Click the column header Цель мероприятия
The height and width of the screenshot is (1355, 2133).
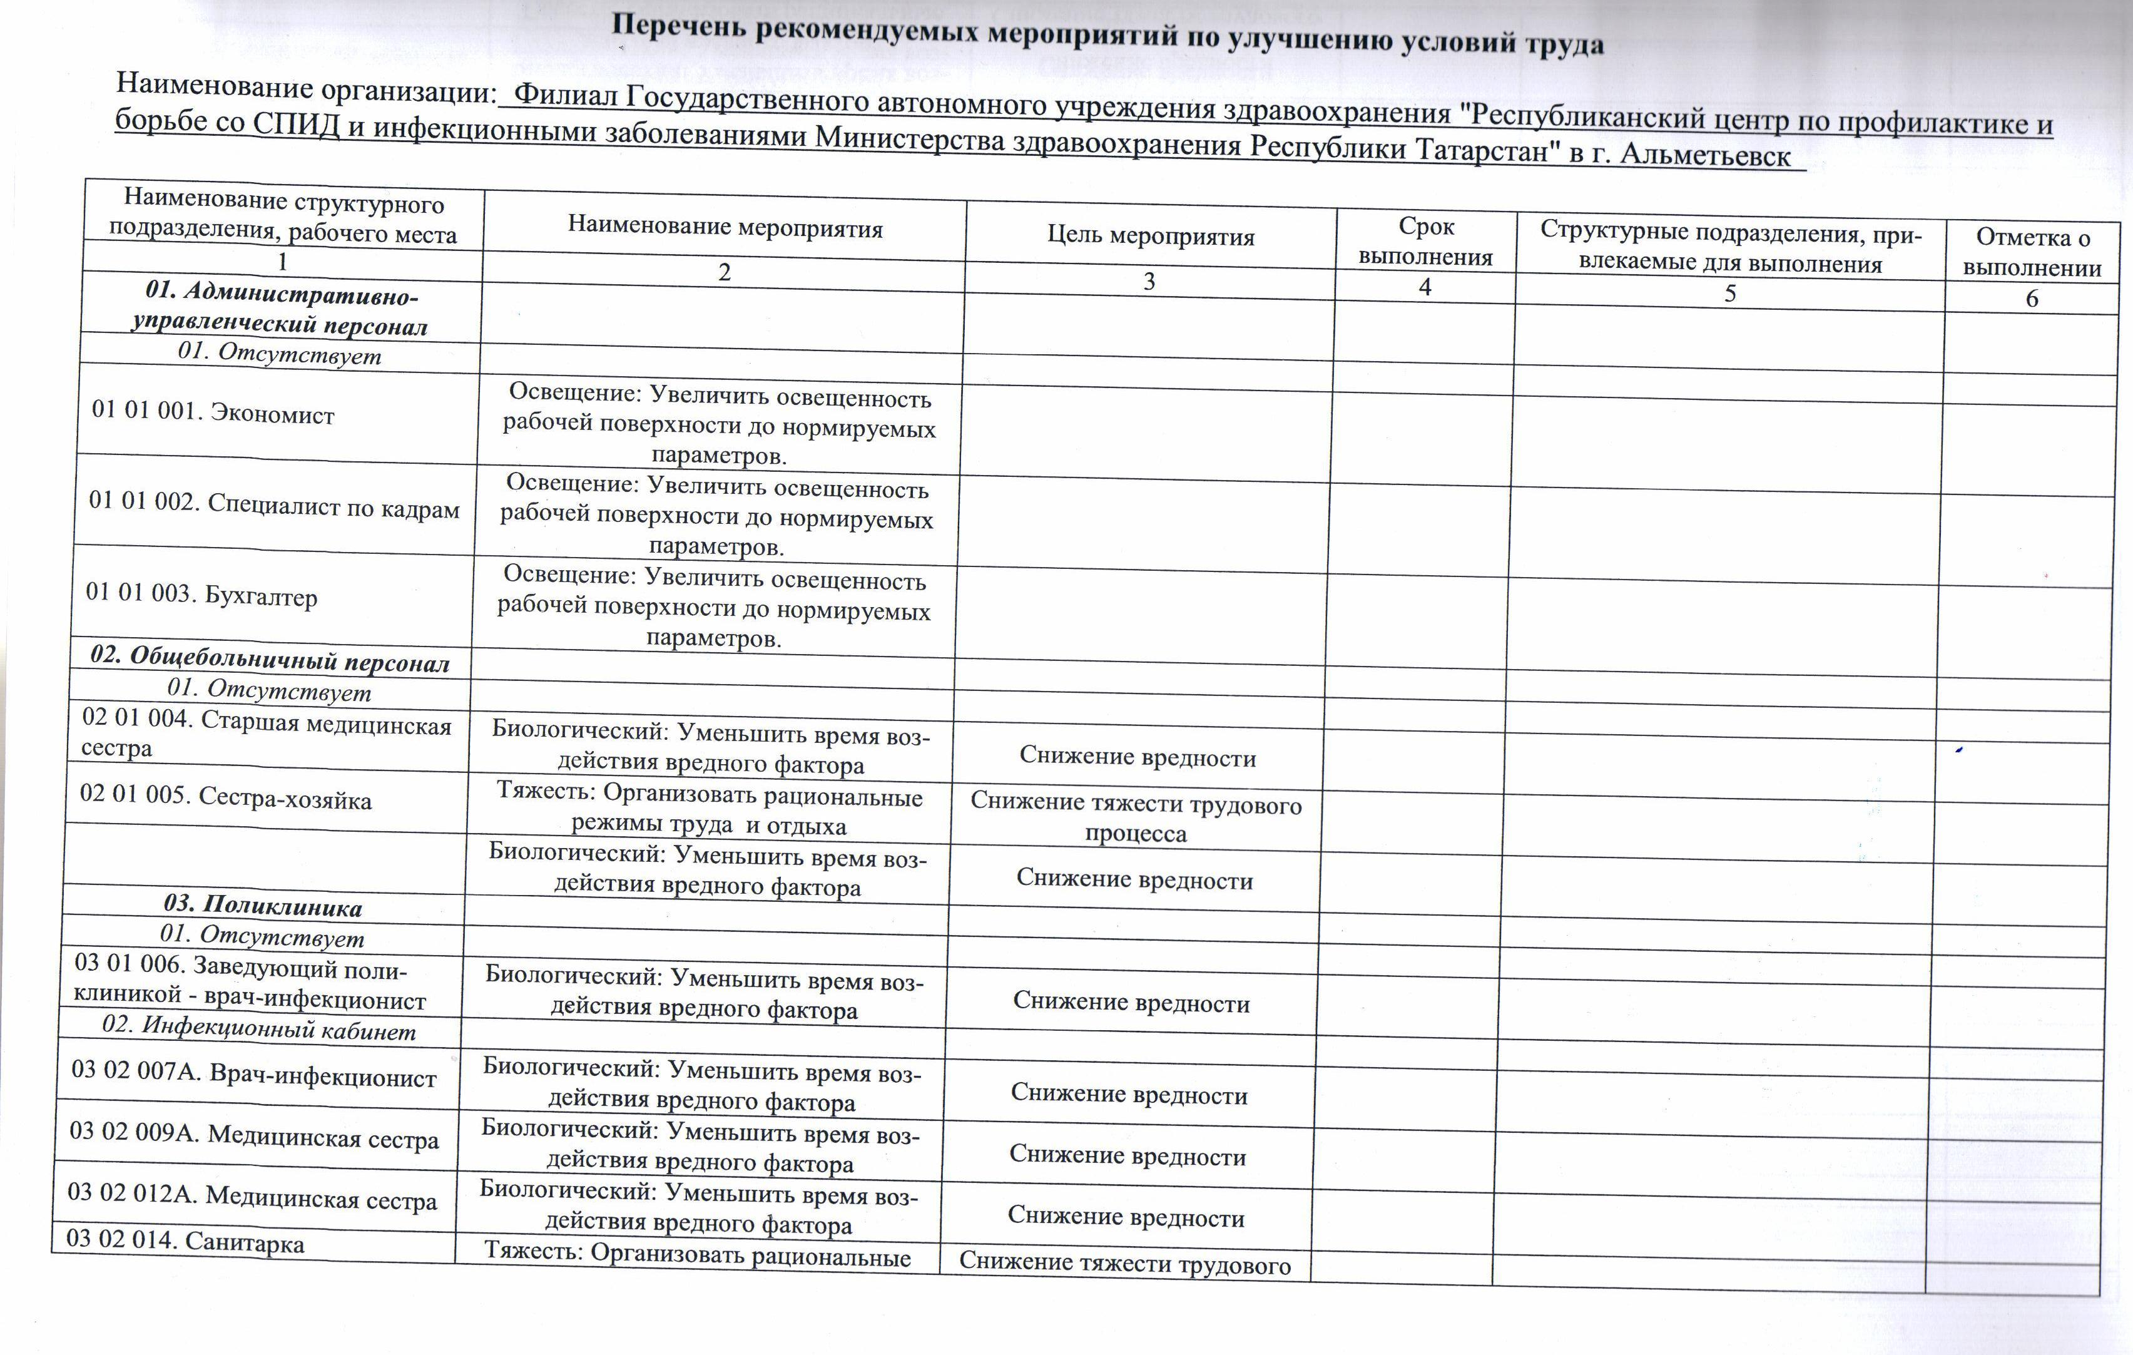pos(1151,237)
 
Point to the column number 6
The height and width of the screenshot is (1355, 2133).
pos(2031,299)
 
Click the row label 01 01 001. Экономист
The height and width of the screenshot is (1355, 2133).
pos(213,413)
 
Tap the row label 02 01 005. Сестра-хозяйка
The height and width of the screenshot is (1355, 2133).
pos(225,797)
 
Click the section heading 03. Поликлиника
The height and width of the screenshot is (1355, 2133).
pos(262,905)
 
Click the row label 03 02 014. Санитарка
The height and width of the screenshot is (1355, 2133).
pos(185,1240)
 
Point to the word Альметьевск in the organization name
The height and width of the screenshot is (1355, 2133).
pos(1705,155)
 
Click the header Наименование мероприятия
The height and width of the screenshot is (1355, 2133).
pos(725,228)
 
